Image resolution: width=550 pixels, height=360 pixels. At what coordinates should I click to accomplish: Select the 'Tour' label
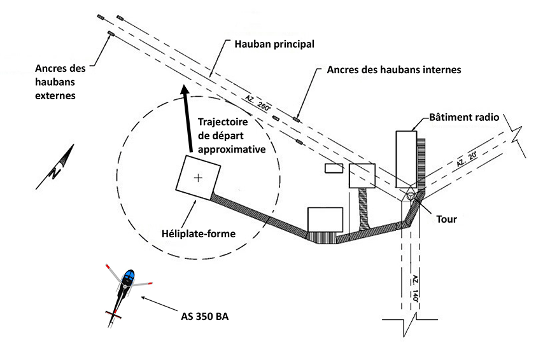(x=446, y=218)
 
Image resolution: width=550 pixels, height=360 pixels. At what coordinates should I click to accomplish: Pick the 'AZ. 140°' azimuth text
(x=414, y=290)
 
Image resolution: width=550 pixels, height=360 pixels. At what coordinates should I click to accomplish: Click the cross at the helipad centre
(x=199, y=177)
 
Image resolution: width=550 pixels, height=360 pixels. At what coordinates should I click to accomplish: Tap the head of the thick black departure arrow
(x=185, y=91)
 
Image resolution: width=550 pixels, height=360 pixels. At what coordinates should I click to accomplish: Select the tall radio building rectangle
(x=405, y=159)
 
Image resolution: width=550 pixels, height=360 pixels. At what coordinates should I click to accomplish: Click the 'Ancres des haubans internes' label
(x=393, y=69)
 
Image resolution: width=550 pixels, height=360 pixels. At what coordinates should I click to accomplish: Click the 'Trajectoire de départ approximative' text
(x=230, y=134)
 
